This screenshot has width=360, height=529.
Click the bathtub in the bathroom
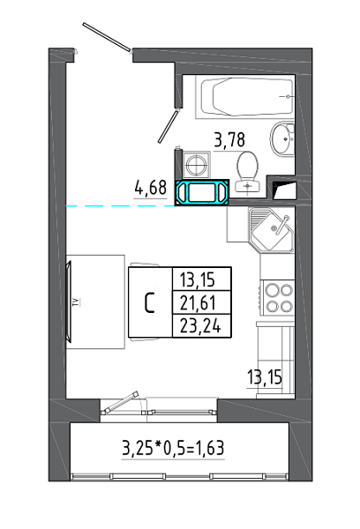coord(247,96)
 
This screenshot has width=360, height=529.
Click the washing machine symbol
coord(197,165)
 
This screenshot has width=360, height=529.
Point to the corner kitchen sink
coord(272,229)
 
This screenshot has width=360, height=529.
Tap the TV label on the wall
coord(77,302)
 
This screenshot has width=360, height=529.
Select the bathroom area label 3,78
coord(229,139)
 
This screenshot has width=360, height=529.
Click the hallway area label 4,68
coord(151,188)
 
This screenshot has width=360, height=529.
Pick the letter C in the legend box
coord(150,302)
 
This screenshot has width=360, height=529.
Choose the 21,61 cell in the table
coord(201,302)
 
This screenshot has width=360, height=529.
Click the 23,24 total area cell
coord(201,326)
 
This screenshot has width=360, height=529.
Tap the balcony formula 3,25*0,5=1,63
coord(173,449)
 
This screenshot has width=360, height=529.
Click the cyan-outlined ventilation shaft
coord(202,192)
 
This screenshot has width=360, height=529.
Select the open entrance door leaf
coord(107,37)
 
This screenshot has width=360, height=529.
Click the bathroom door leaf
coord(168,125)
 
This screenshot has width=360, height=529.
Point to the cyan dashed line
coord(120,205)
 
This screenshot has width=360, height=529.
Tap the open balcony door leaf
coord(122,402)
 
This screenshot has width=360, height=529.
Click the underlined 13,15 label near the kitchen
coord(265,377)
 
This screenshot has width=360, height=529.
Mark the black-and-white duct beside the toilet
coord(284,190)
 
